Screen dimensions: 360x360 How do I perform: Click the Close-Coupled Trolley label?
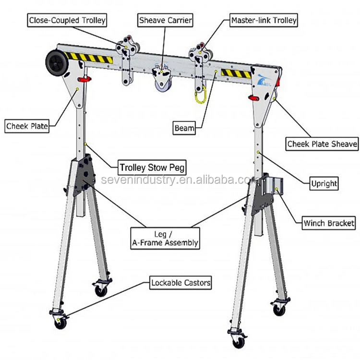[x=67, y=21]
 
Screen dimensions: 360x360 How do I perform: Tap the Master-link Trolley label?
[x=264, y=21]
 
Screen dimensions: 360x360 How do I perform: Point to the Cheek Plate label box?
[x=27, y=127]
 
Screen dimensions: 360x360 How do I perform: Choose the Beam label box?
[x=184, y=128]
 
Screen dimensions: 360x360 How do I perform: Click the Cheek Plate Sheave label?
[x=322, y=144]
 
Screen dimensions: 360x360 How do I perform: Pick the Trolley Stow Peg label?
[x=152, y=168]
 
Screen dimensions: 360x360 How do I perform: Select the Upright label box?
[x=324, y=183]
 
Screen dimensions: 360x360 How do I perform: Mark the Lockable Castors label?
[x=180, y=283]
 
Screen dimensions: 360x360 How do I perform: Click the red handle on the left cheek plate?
[x=85, y=78]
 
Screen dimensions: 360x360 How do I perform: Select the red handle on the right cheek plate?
[x=253, y=98]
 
